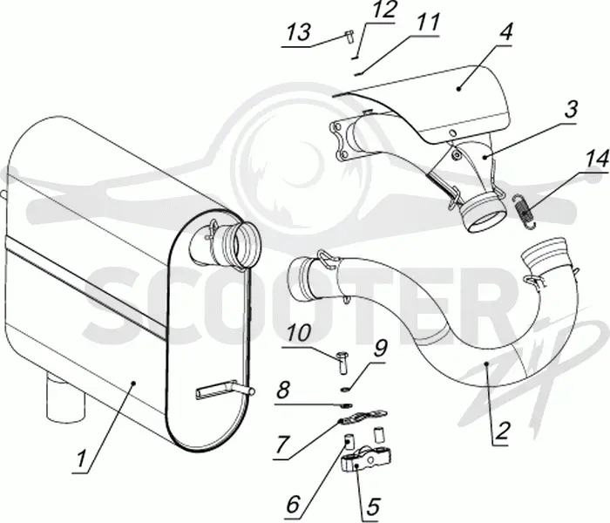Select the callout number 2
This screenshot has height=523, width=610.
click(501, 431)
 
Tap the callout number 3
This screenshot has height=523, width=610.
click(570, 109)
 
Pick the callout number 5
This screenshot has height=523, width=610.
click(371, 506)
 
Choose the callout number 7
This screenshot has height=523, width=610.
click(283, 444)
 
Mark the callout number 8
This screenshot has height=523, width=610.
click(283, 390)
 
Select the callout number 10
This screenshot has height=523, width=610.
click(299, 333)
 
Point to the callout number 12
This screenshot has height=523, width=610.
click(383, 10)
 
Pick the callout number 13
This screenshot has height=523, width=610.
click(298, 32)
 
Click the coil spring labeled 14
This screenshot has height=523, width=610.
click(525, 211)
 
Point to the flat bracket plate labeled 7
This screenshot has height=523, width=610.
click(363, 417)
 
